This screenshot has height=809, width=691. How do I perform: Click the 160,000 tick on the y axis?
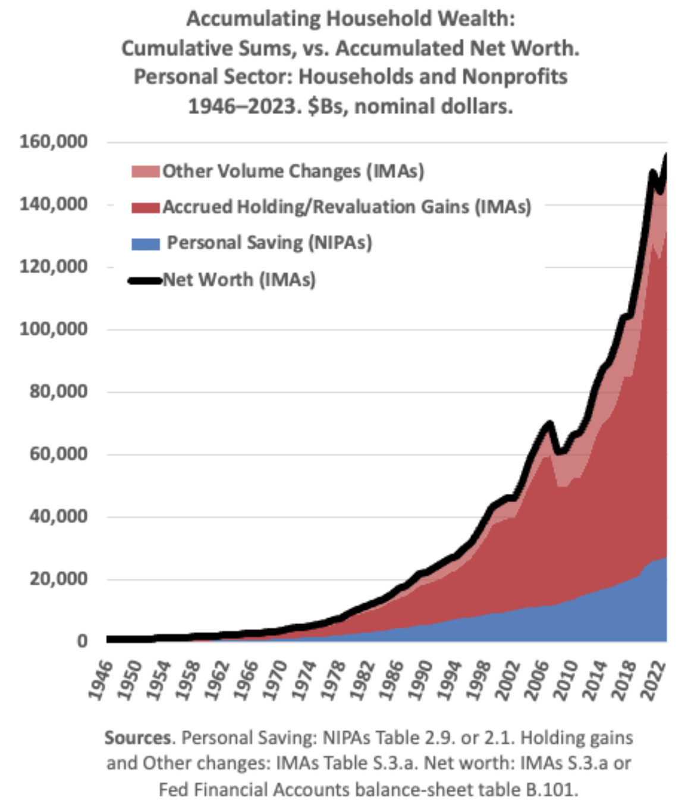tap(54, 142)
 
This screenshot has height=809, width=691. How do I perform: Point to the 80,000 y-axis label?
tap(58, 391)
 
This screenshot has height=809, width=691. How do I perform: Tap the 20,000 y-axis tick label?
tap(58, 578)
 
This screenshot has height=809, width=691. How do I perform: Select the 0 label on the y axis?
tap(82, 641)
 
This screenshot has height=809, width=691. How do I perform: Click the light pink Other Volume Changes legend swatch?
tap(146, 172)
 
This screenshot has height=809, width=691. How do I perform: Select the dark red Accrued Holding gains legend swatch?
tap(146, 208)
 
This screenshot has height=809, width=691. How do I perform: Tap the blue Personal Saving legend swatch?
tap(146, 243)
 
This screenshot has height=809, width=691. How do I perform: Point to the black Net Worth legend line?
tap(146, 280)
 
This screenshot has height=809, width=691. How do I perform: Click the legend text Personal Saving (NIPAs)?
tap(269, 243)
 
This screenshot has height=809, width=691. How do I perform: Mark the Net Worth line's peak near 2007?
tap(549, 424)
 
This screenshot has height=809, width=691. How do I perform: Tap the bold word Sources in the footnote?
tap(138, 738)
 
